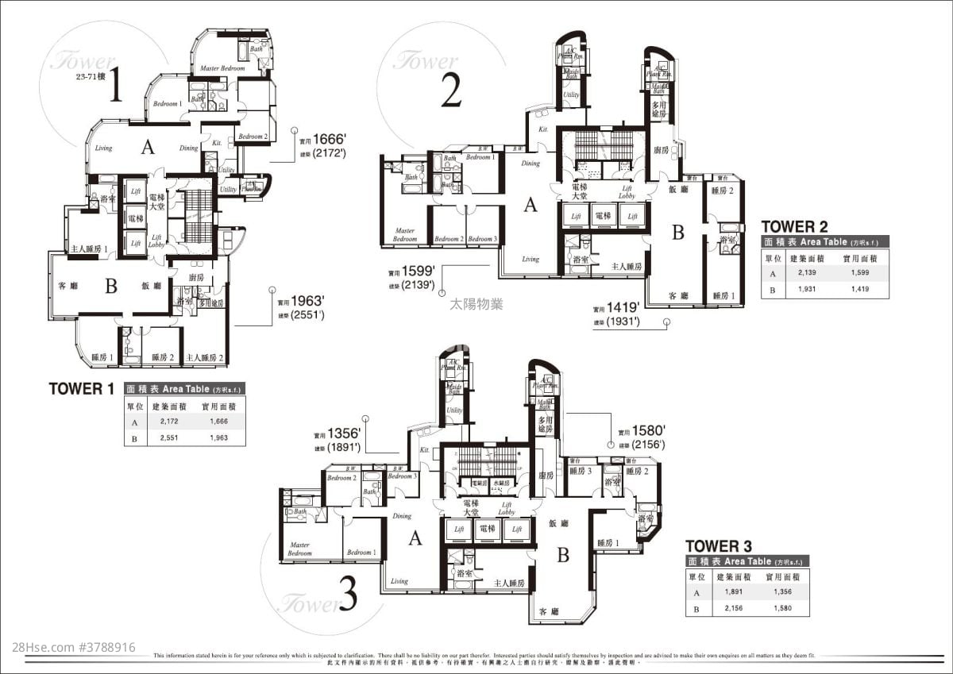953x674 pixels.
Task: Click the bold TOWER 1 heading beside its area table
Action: [82, 388]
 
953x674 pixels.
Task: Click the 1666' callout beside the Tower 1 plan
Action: [329, 136]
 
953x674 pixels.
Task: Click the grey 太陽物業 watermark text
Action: [476, 303]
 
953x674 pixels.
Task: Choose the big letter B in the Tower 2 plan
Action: [678, 233]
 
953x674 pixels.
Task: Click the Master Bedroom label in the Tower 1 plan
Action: [222, 69]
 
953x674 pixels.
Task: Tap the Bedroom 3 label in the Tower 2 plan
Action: [481, 239]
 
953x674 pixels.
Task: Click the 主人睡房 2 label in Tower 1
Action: [205, 357]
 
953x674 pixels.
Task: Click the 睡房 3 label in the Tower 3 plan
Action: [581, 471]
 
